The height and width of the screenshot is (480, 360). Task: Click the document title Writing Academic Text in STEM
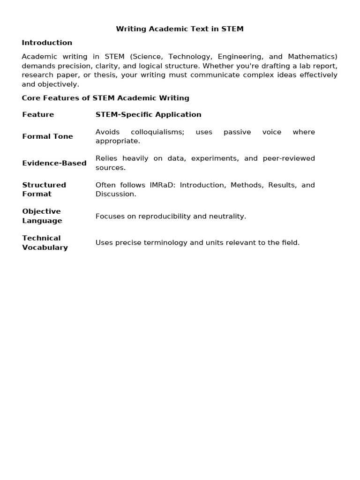coord(180,29)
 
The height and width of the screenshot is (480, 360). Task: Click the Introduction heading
coord(47,43)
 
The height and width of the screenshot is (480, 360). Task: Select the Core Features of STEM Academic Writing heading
coord(105,98)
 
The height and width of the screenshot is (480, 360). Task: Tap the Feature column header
coord(38,114)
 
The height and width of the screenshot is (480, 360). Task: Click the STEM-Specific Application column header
coord(148,114)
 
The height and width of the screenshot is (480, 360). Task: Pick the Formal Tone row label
coord(47,136)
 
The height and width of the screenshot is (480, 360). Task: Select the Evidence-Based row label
coord(54,163)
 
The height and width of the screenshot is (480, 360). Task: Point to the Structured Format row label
coord(44,189)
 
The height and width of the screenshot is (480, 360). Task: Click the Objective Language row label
coord(42,216)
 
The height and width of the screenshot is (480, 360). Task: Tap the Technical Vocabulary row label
coord(45,243)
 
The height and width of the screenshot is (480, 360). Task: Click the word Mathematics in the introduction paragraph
coord(313,57)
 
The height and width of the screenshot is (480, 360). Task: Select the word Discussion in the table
coord(116,194)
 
